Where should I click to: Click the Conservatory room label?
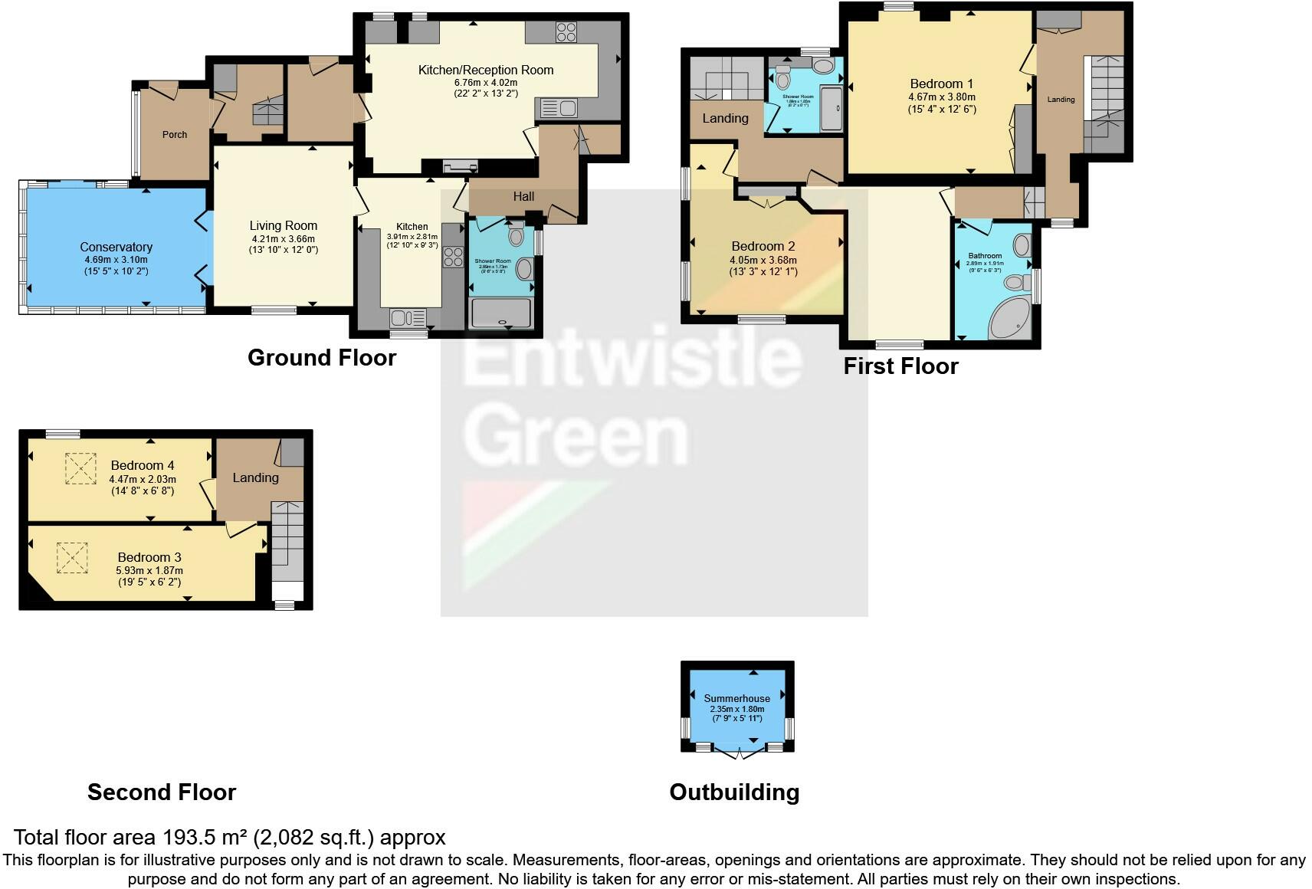(x=116, y=247)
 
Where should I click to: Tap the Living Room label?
(x=283, y=225)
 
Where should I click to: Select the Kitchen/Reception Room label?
(x=485, y=70)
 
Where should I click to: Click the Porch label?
(x=175, y=134)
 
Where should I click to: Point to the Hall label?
(x=523, y=196)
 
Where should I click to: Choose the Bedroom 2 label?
(x=763, y=246)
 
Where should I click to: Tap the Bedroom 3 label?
(x=149, y=557)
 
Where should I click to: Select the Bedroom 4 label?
(x=143, y=465)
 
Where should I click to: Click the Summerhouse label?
(x=736, y=698)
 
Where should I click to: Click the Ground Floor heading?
(x=322, y=357)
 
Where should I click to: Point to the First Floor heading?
(x=900, y=366)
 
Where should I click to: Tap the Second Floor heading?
(x=162, y=792)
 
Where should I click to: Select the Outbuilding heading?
(x=734, y=792)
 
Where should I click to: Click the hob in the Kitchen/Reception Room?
(x=566, y=31)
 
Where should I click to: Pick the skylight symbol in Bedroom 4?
(x=77, y=468)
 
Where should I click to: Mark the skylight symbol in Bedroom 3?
(x=72, y=558)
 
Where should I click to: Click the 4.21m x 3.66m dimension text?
(x=283, y=238)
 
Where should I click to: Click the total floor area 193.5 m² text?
(x=229, y=837)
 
